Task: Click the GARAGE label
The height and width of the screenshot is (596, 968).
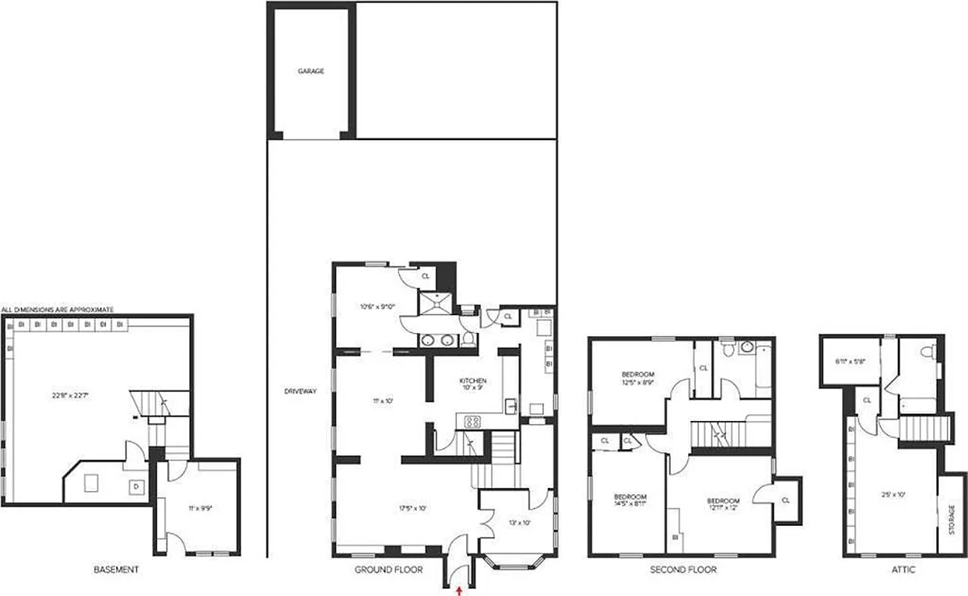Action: point(311,72)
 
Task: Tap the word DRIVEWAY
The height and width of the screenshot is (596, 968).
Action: point(300,391)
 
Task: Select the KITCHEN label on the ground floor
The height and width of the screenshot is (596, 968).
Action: point(473,381)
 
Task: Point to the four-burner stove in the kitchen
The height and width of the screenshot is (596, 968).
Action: point(473,422)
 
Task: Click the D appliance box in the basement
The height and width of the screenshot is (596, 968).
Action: point(136,487)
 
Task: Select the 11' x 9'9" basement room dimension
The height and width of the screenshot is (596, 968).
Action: point(202,508)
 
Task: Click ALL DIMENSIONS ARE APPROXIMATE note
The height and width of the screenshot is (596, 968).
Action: point(57,308)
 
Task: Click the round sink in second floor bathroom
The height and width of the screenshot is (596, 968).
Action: point(745,346)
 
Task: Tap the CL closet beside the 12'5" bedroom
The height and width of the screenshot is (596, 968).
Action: point(704,367)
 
